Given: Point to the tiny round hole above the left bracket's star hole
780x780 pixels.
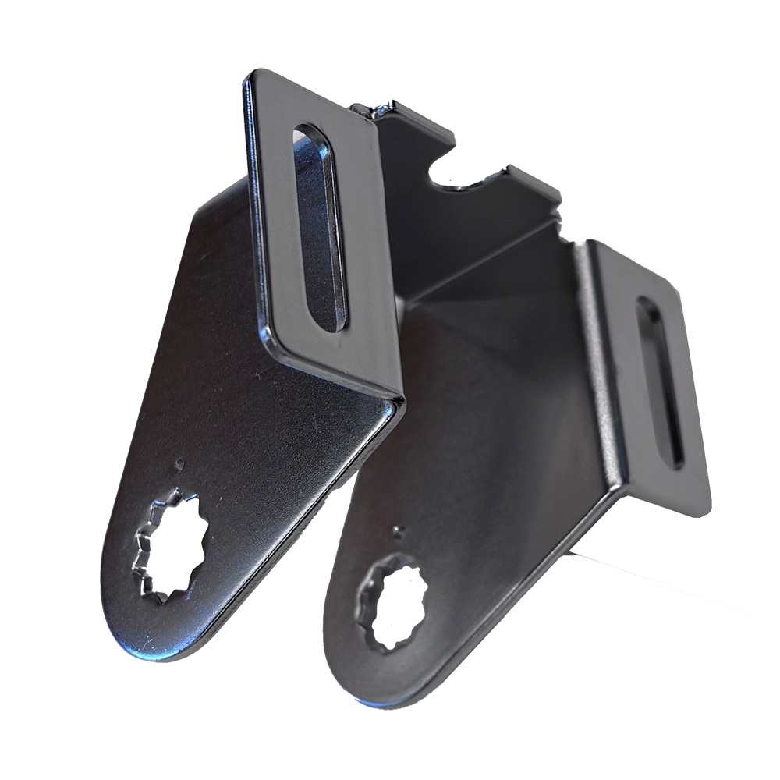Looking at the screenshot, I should (x=179, y=464).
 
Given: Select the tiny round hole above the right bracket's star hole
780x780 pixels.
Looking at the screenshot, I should (x=400, y=532).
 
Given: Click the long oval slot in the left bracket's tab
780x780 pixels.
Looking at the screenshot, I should (x=318, y=226).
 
